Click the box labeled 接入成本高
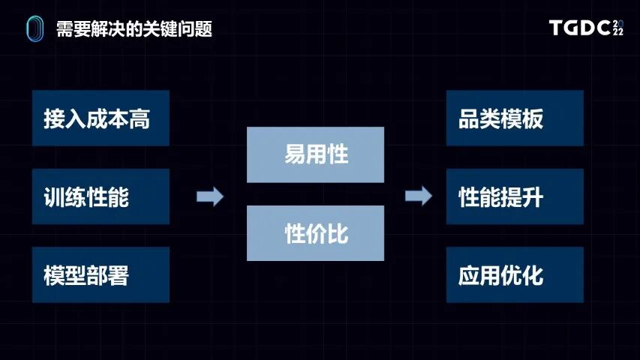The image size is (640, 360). point(101,118)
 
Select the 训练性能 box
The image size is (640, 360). point(101,196)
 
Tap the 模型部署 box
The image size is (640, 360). point(101,275)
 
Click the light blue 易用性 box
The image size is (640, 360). point(315,154)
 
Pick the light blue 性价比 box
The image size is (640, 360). point(315,233)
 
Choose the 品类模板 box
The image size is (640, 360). point(515,118)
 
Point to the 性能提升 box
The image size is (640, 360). point(515,196)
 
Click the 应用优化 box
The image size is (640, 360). point(515,275)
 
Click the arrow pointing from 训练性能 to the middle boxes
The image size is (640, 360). point(210,196)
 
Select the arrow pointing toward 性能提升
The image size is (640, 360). point(419,196)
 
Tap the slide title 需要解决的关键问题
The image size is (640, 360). point(134,29)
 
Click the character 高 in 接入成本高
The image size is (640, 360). point(140,118)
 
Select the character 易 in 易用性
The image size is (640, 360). point(295,155)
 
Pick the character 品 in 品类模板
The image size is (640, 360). point(469,118)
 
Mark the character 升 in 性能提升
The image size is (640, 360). point(533,197)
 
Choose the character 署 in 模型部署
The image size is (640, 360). point(119,276)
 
